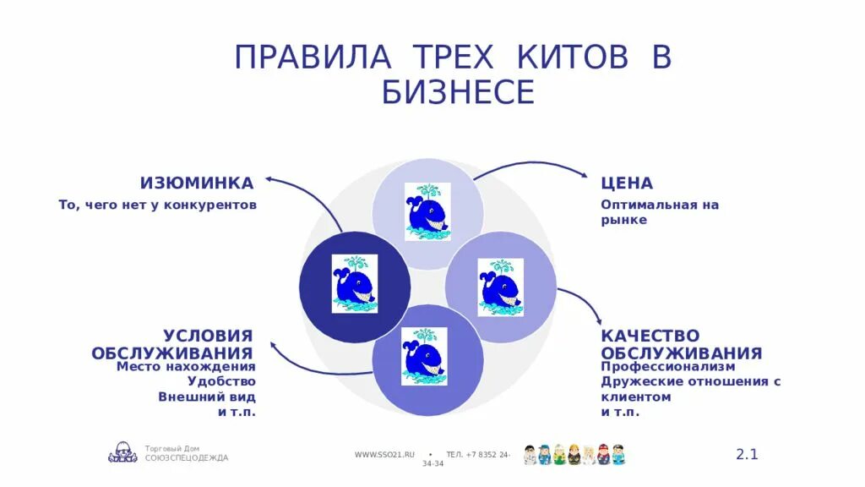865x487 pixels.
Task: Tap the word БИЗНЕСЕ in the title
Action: (x=458, y=92)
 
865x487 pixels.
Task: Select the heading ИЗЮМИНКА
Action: (x=197, y=183)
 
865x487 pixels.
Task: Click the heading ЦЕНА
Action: (x=627, y=183)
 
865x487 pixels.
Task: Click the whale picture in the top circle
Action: (x=427, y=211)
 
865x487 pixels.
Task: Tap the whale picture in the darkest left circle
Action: (x=355, y=284)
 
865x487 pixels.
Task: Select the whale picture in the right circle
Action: (x=500, y=287)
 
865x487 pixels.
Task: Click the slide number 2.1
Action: (x=747, y=454)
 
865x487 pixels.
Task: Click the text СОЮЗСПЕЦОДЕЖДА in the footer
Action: (x=187, y=458)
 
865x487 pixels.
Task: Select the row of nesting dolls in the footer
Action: (x=574, y=454)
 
